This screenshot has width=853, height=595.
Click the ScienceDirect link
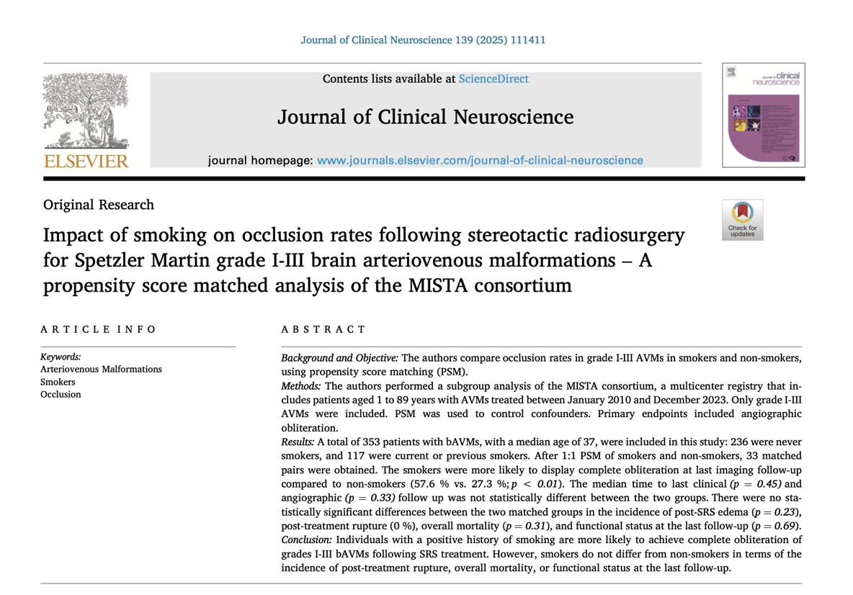tap(493, 79)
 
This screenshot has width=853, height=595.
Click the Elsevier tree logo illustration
tap(86, 111)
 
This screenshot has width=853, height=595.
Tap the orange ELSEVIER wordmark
tap(86, 161)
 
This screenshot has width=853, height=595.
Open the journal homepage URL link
tap(480, 161)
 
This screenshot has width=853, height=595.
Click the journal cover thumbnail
tap(764, 115)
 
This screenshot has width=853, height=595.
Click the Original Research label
tap(99, 205)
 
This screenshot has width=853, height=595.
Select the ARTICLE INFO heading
tap(99, 329)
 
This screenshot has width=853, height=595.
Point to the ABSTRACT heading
tap(323, 329)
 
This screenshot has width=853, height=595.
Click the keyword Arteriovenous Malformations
tap(101, 369)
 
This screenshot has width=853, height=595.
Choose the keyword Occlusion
tap(61, 394)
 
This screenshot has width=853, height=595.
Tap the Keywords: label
tap(61, 357)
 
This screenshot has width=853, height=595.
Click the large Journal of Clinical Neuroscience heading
tap(426, 117)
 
